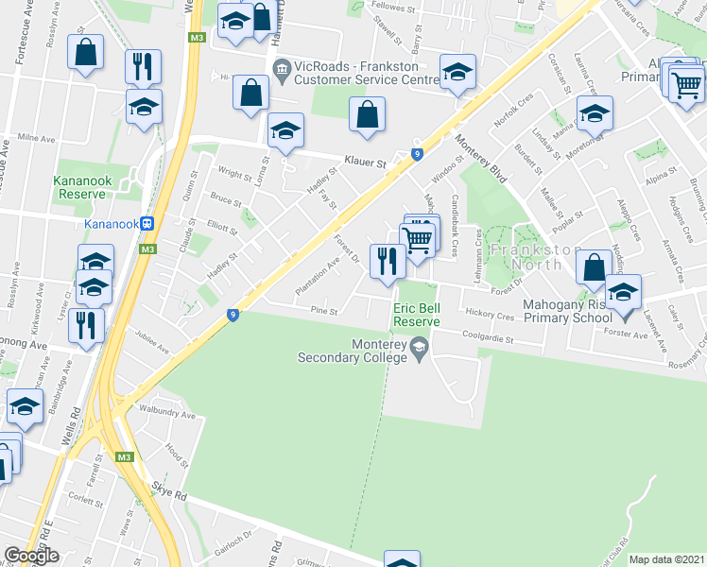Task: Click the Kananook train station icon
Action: tap(148, 224)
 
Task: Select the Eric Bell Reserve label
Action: tap(417, 315)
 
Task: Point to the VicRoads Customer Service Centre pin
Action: tap(281, 68)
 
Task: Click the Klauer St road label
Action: tap(366, 163)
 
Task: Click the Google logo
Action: tap(30, 555)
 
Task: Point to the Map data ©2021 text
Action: tap(665, 559)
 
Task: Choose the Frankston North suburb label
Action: tap(536, 257)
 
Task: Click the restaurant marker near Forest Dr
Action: tap(387, 260)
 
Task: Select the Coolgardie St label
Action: tap(487, 338)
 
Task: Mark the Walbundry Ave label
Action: tap(171, 416)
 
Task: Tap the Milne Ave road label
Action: tap(37, 138)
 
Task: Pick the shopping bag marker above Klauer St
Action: tap(367, 114)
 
